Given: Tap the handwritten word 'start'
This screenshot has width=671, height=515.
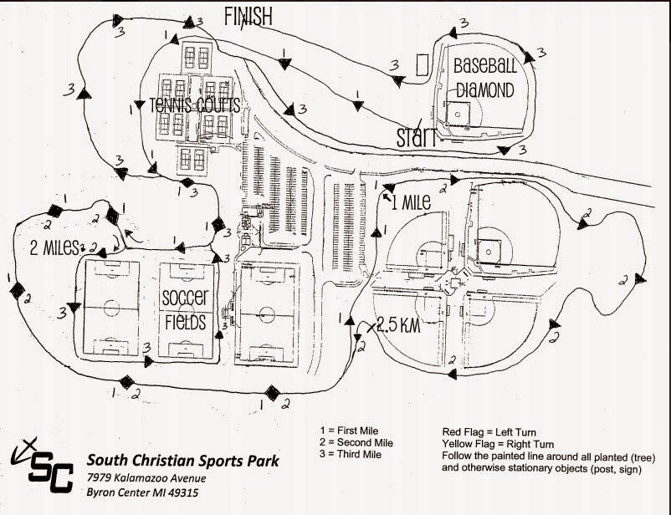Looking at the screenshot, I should [x=416, y=135].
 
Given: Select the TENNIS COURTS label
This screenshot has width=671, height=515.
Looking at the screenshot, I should [x=195, y=105].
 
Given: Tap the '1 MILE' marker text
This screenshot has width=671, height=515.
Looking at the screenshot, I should [x=410, y=201].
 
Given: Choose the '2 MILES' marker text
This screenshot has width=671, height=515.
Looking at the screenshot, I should [x=55, y=247].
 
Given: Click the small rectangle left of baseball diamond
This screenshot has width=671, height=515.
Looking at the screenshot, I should [x=423, y=64].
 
